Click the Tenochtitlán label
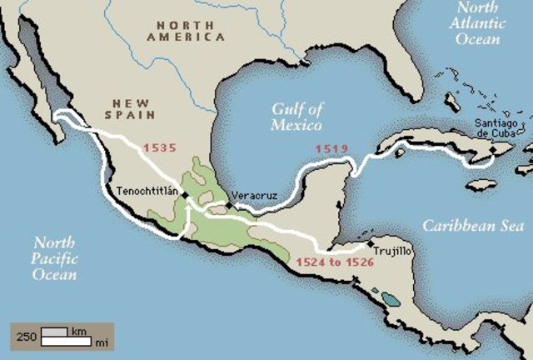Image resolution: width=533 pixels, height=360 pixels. point(147,190)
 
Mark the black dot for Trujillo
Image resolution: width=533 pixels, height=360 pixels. point(369,245)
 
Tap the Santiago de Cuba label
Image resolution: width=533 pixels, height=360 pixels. point(501,130)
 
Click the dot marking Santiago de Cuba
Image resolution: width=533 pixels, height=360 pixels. point(492,151)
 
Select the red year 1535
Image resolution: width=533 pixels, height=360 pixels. point(160,148)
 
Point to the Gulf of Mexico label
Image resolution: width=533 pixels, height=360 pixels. point(296,117)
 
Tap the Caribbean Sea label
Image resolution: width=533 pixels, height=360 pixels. point(472,226)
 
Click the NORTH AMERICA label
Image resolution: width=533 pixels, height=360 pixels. point(185,31)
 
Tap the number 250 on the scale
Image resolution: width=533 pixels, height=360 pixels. point(25,337)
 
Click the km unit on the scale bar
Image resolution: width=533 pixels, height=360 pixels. point(78,332)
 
